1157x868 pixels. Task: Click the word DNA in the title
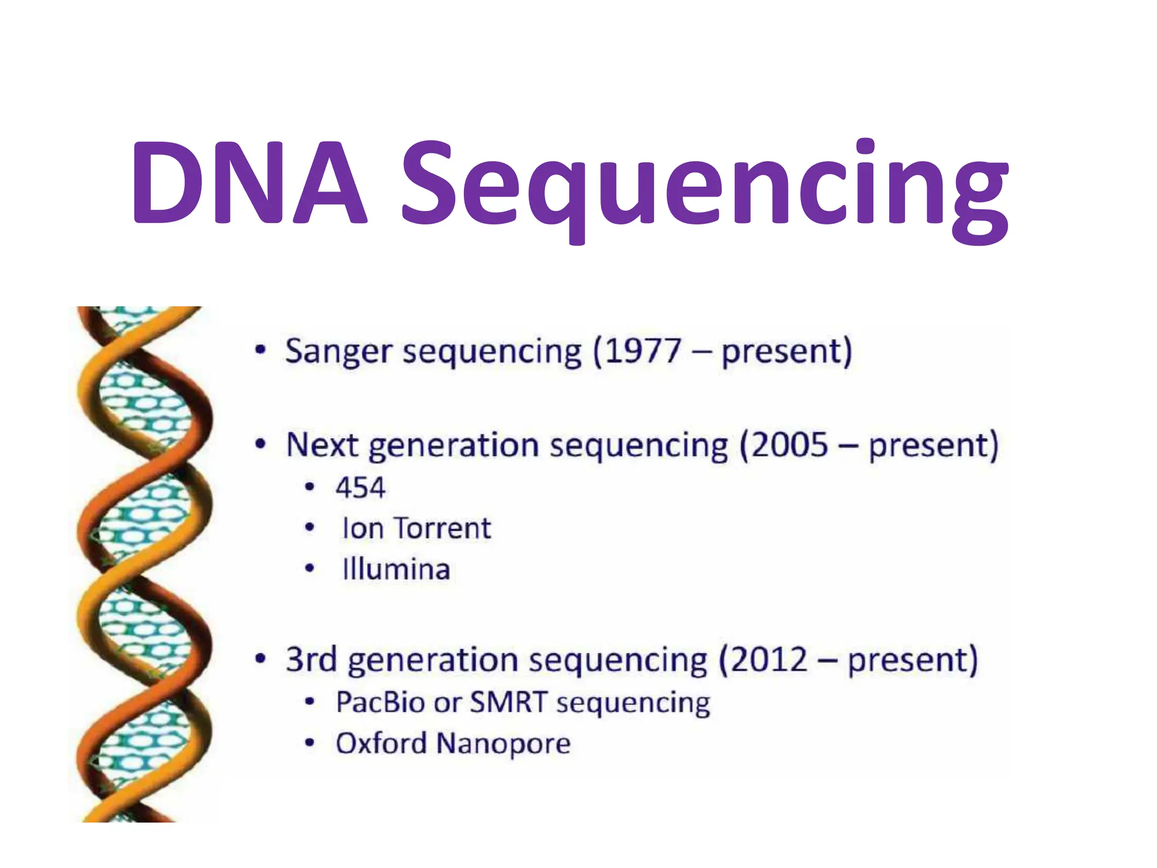click(x=249, y=183)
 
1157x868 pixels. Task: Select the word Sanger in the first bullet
click(x=337, y=351)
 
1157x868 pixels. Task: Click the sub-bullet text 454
click(x=360, y=488)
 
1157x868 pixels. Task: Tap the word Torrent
click(x=442, y=529)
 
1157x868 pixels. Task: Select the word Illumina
click(x=396, y=569)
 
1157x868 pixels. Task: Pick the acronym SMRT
click(x=509, y=702)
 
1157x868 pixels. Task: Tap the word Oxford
click(x=381, y=743)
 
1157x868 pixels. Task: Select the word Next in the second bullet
click(x=322, y=445)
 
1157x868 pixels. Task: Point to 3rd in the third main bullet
click(x=311, y=660)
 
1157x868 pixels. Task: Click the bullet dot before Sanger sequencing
click(x=260, y=350)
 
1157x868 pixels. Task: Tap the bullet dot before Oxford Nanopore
click(x=309, y=743)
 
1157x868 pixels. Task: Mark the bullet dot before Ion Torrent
click(x=309, y=528)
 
